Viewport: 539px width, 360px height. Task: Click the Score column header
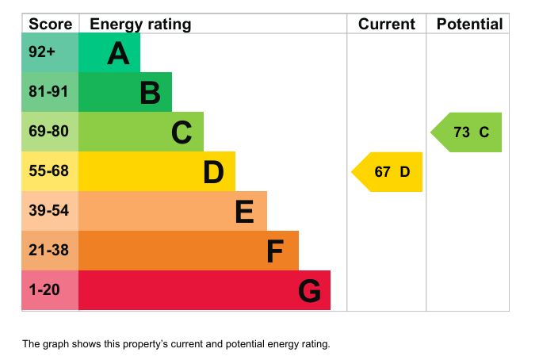pyautogui.click(x=50, y=24)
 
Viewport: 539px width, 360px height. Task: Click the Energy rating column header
pyautogui.click(x=140, y=24)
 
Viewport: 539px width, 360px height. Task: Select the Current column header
pyautogui.click(x=387, y=24)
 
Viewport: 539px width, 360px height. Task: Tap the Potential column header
pyautogui.click(x=469, y=24)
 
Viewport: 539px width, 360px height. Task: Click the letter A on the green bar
pyautogui.click(x=118, y=54)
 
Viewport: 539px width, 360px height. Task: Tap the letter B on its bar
pyautogui.click(x=150, y=94)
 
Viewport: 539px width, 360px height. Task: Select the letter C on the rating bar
pyautogui.click(x=182, y=133)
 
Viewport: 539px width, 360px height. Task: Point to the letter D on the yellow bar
pyautogui.click(x=213, y=172)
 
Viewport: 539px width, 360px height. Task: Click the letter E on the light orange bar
pyautogui.click(x=245, y=212)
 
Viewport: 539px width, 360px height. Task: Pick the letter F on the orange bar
pyautogui.click(x=275, y=251)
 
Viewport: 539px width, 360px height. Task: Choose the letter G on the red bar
pyautogui.click(x=309, y=292)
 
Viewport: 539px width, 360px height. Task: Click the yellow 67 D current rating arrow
pyautogui.click(x=388, y=172)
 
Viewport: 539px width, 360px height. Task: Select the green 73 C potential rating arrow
pyautogui.click(x=467, y=132)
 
